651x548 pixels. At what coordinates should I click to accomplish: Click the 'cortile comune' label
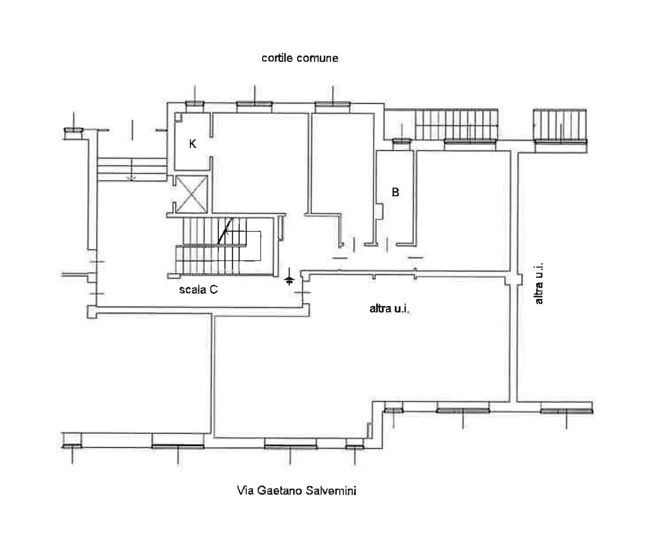click(300, 58)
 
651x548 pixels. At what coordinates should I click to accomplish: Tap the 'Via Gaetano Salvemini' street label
click(297, 490)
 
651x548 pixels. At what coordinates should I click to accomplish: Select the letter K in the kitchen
click(193, 144)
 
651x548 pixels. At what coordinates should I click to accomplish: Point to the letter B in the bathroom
click(395, 192)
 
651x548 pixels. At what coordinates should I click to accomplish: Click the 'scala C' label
click(198, 290)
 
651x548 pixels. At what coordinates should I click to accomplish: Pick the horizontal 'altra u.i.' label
click(389, 309)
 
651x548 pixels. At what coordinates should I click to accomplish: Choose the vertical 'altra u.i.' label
click(538, 283)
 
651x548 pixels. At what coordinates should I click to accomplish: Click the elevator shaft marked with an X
click(191, 194)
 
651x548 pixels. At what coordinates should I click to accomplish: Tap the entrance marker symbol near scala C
click(289, 277)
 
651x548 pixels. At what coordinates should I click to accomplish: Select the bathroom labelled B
click(395, 197)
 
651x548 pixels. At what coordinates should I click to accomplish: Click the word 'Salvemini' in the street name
click(331, 490)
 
